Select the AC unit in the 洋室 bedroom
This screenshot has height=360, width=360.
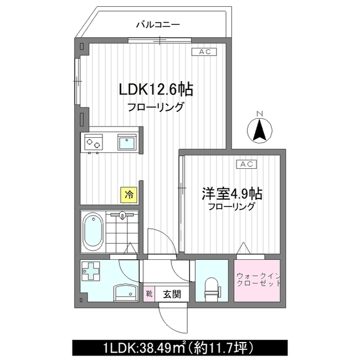[x=246, y=164]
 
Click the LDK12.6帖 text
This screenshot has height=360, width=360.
[x=156, y=89]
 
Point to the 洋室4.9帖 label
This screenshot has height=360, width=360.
[x=232, y=193]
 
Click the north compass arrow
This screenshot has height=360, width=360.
[x=259, y=131]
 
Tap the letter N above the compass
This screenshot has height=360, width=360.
[x=259, y=114]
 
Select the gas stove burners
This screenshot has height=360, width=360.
[x=93, y=142]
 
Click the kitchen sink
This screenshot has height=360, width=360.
[x=127, y=142]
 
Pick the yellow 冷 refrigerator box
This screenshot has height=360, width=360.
[x=129, y=195]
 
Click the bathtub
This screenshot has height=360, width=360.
[x=93, y=232]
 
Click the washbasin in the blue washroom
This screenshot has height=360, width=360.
[x=123, y=292]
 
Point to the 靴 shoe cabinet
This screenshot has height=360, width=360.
[x=150, y=294]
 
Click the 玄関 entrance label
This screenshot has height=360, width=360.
[x=172, y=294]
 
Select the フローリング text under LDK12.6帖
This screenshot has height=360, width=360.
[x=155, y=107]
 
